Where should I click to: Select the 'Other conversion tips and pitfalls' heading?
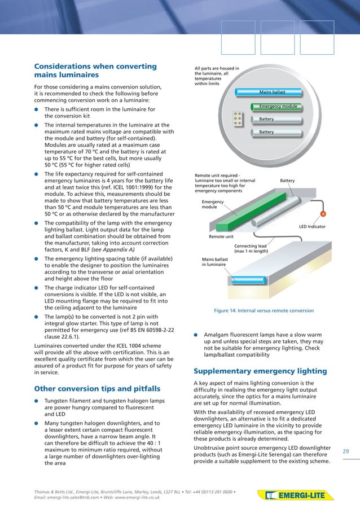click(97, 389)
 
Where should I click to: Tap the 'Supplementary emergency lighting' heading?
click(260, 371)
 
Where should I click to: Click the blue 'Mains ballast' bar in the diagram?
click(273, 91)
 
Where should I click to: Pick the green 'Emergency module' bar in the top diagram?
click(277, 106)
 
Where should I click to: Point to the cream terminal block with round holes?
click(238, 117)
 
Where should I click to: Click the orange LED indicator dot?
click(323, 214)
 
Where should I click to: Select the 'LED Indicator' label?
click(312, 227)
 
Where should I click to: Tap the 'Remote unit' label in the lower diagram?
click(221, 238)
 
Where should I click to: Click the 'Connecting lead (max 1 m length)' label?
click(251, 249)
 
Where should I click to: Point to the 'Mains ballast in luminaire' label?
click(214, 262)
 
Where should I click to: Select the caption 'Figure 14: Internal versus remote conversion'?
click(264, 310)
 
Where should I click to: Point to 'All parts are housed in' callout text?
click(217, 69)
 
